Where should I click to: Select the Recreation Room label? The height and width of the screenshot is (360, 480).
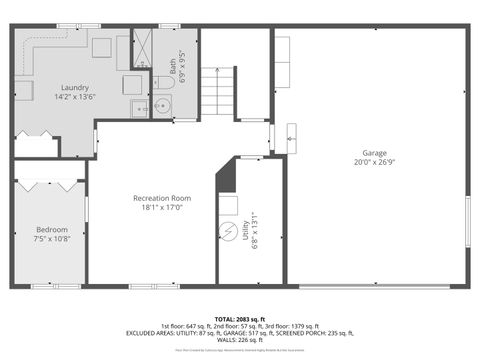tap(162, 198)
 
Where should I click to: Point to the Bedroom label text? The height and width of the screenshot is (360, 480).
tap(52, 229)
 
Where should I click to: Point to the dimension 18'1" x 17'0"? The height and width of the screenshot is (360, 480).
tap(162, 209)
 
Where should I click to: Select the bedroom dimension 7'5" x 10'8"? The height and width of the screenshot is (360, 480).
tap(52, 239)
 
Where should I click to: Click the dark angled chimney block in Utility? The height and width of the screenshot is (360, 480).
tap(227, 181)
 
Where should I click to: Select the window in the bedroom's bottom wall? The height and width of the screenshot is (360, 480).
tap(44, 287)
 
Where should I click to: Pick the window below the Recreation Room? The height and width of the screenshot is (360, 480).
tap(140, 287)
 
